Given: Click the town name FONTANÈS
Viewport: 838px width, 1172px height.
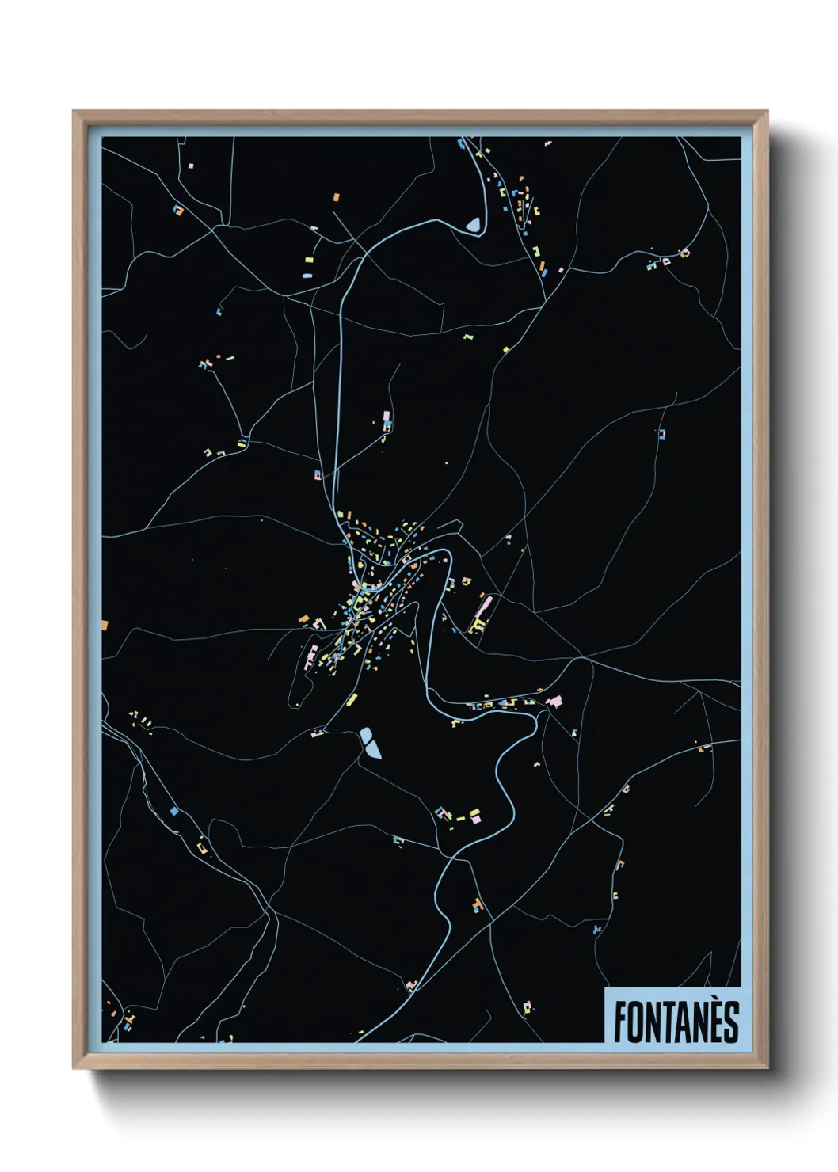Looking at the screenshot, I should point(676,1021).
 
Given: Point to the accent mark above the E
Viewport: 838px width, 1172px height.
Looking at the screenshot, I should point(710,1003).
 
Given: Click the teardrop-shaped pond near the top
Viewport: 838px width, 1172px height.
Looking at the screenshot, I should point(474,226).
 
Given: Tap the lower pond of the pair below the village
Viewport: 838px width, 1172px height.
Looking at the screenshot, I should point(372,749).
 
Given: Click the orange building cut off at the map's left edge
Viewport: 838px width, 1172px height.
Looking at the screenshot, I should point(105,626).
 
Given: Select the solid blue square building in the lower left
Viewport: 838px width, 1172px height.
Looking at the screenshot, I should point(173,812).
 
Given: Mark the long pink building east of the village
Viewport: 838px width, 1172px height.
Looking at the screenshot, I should point(485,609).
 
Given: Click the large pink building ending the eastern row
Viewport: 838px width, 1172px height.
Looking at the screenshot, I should point(555,701).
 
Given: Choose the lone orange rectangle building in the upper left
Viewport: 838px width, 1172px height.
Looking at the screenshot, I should point(336,196).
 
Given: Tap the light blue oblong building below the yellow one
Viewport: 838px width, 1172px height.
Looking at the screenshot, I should point(307,276).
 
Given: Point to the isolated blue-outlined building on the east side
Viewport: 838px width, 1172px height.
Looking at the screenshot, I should point(661,434).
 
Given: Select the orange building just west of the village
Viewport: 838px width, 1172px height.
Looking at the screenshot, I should point(303,618).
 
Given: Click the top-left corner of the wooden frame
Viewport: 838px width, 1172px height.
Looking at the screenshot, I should point(74,112).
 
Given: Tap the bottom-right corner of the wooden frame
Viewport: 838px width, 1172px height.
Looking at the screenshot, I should point(767,1068).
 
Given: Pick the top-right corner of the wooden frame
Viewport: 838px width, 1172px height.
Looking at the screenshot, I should point(767,112).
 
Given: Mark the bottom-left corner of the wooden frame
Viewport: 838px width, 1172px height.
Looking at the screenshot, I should point(74,1068).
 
